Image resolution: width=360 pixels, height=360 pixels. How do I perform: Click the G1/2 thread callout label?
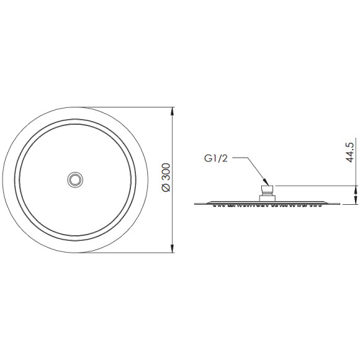pyautogui.click(x=216, y=158)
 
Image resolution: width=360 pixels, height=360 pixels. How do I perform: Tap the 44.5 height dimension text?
pyautogui.click(x=350, y=152)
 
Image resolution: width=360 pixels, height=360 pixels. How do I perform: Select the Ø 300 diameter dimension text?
pyautogui.click(x=166, y=177)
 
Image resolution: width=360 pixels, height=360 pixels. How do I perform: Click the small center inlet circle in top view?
pyautogui.click(x=75, y=180)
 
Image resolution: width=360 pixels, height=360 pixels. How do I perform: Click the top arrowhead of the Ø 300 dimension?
pyautogui.click(x=173, y=111)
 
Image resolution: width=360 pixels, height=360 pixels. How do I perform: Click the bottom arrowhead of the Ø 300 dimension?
pyautogui.click(x=173, y=249)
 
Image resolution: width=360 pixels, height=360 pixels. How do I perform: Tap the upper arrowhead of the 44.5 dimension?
pyautogui.click(x=356, y=189)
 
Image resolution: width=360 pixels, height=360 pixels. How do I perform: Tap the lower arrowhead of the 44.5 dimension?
pyautogui.click(x=356, y=200)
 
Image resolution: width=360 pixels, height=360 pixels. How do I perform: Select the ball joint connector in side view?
pyautogui.click(x=268, y=191)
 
